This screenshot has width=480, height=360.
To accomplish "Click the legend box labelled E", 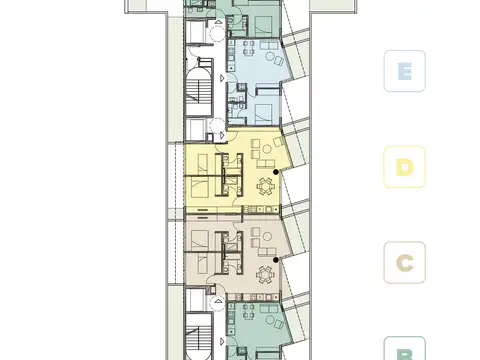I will pyautogui.click(x=405, y=71).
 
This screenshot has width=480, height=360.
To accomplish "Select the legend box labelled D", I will pyautogui.click(x=405, y=167).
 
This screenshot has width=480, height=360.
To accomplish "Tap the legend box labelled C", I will pyautogui.click(x=405, y=263).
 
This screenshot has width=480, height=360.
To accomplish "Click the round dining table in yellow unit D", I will pyautogui.click(x=266, y=184).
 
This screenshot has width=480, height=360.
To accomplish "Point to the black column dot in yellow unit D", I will pyautogui.click(x=276, y=171).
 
